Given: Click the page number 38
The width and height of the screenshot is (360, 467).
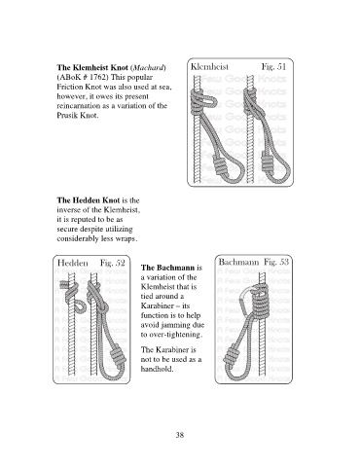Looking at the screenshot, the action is [x=180, y=435].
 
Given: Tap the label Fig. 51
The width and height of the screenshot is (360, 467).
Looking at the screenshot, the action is [x=273, y=67].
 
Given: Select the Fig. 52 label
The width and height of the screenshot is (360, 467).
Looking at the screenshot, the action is [x=112, y=263].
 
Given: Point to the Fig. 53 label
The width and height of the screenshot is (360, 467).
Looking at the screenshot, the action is [x=276, y=262].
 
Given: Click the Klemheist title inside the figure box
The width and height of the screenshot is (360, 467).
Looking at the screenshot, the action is [x=209, y=67].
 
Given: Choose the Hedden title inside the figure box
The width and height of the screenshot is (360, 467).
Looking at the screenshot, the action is [x=72, y=263].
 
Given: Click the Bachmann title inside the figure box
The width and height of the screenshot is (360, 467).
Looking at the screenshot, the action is [x=238, y=262].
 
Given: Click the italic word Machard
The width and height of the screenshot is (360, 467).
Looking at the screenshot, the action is [x=149, y=68].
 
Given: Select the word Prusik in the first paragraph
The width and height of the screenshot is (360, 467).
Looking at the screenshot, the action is [x=67, y=116].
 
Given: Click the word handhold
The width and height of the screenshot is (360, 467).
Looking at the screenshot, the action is [x=157, y=369].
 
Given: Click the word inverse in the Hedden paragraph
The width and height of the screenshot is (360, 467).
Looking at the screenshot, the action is [x=77, y=210].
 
